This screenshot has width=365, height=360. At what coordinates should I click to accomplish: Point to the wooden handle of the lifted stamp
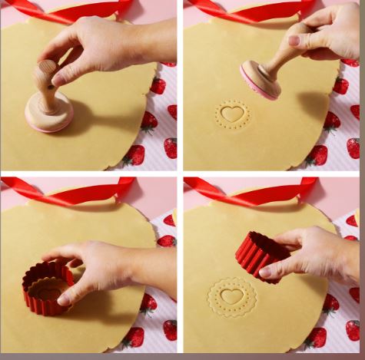pyautogui.click(x=287, y=53)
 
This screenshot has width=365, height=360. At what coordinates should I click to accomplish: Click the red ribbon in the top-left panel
pyautogui.click(x=69, y=10)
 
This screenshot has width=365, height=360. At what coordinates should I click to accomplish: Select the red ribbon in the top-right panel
pyautogui.click(x=254, y=10)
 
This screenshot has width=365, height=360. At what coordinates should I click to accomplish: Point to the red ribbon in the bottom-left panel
pyautogui.click(x=69, y=191)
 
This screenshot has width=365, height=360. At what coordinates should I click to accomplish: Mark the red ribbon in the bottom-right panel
pyautogui.click(x=254, y=191)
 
